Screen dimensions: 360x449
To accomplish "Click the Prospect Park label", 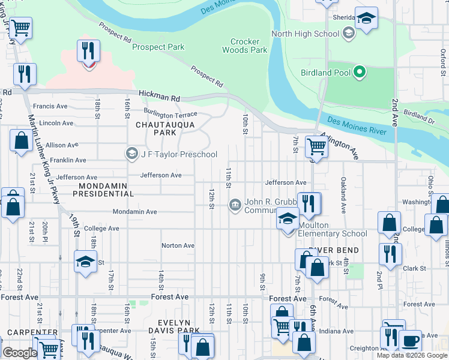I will coord(158,47).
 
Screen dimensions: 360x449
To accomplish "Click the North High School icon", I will coord(348,34).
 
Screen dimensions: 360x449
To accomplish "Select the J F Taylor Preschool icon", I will coord(131,154).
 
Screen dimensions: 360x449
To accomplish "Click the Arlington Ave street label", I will coord(339,145).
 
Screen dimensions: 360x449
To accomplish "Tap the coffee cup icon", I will coord(411,340).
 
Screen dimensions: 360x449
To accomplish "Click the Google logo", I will coord(19,353).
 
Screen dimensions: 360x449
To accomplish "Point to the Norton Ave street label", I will coord(178,245).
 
